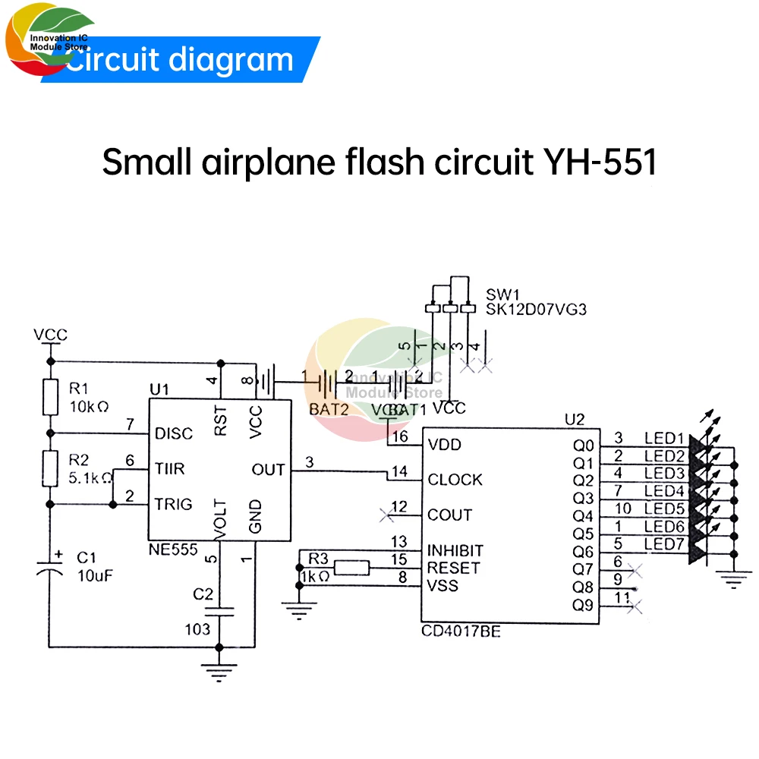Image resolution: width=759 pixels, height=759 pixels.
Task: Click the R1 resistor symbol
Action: (49, 396)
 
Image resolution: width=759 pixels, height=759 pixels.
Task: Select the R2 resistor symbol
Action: (49, 468)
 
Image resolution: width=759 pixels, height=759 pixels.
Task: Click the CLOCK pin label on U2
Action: (455, 480)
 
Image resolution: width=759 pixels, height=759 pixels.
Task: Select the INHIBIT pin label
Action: (455, 550)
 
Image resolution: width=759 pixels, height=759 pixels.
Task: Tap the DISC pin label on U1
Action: (174, 433)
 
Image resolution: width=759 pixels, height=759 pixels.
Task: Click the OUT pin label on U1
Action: (268, 470)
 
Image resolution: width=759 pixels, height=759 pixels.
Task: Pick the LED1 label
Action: (665, 438)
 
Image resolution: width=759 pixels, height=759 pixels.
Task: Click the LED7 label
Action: (665, 543)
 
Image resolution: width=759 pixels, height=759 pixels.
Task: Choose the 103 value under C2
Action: (199, 629)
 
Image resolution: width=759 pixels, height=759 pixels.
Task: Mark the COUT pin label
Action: (450, 515)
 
